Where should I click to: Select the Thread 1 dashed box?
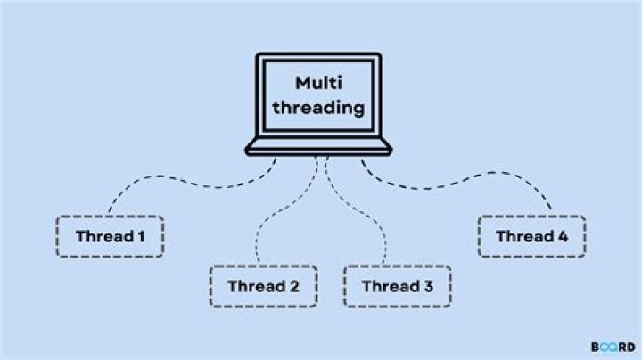pos(110,237)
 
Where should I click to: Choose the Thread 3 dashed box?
pos(396,286)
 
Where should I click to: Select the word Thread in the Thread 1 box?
pos(103,237)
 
